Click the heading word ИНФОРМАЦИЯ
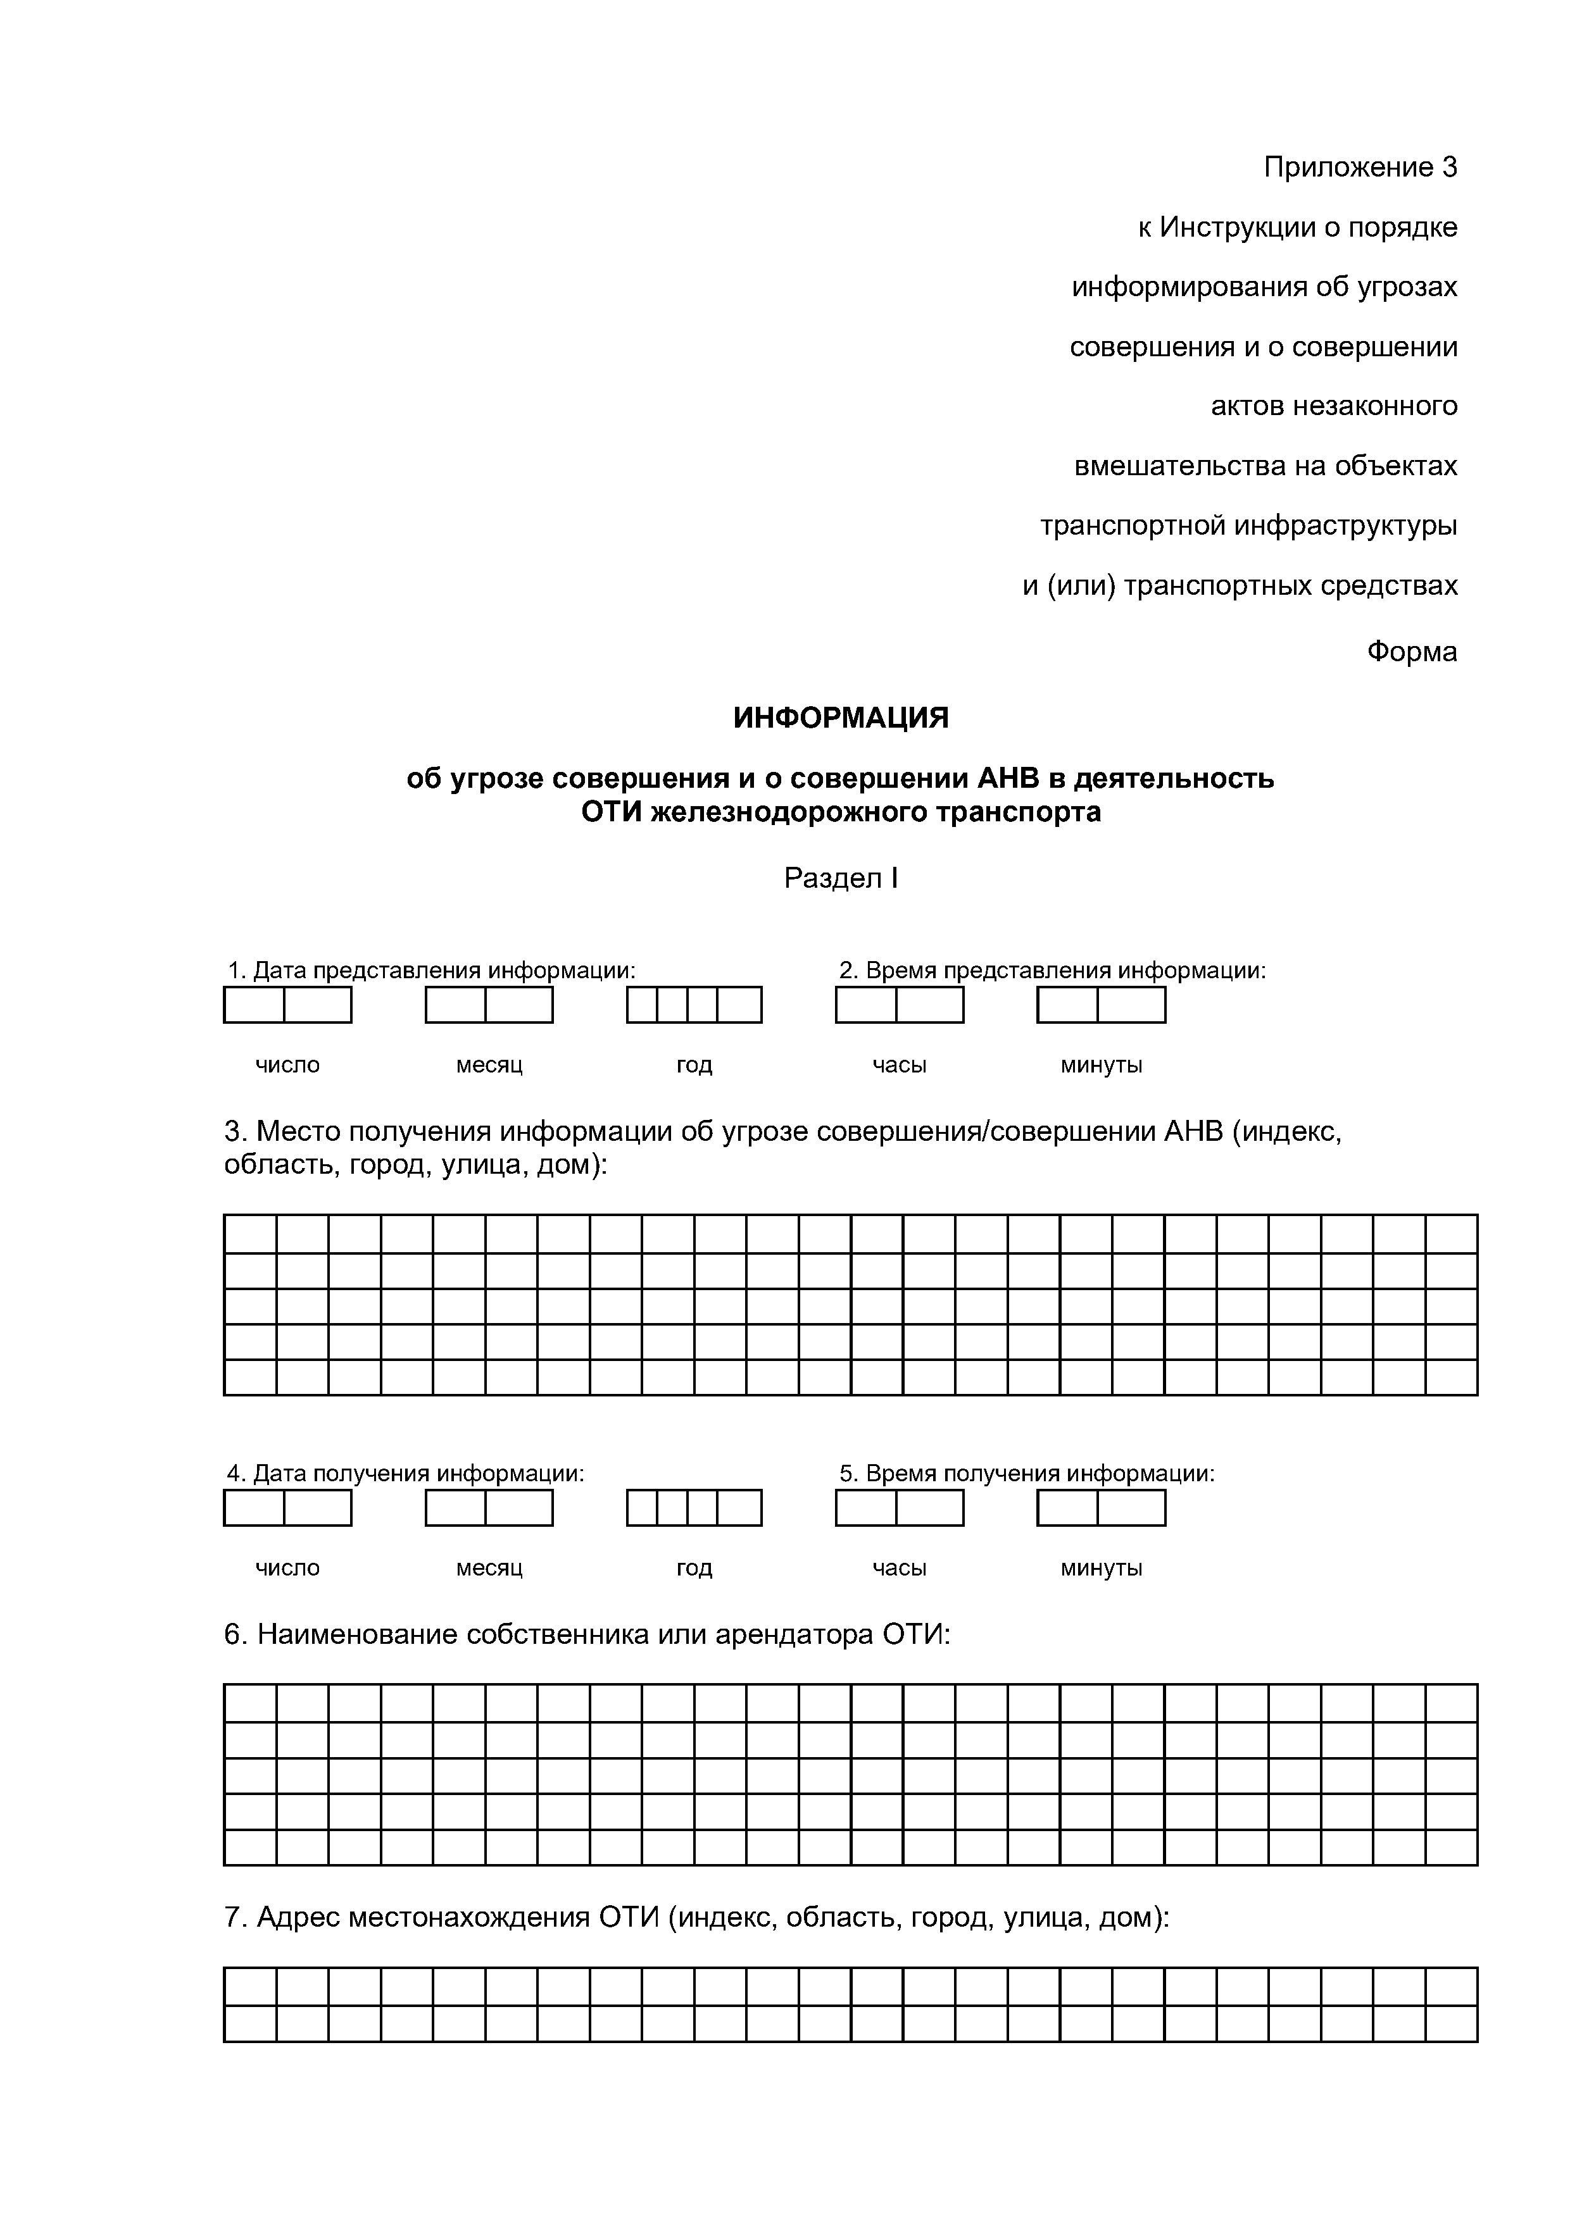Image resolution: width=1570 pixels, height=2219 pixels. point(840,718)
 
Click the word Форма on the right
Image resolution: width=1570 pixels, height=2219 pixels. point(1412,652)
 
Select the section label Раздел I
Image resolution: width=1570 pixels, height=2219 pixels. point(841,878)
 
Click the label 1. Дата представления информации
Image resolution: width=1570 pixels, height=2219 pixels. point(431,971)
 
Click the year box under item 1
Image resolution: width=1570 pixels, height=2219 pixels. point(694,1005)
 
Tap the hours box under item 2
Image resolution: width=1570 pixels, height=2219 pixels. point(899,1005)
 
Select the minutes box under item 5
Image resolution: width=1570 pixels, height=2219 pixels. point(1101,1508)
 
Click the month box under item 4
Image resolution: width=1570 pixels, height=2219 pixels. point(489,1508)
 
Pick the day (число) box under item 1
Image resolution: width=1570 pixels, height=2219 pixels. point(287,1005)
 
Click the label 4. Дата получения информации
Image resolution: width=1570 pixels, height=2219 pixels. point(406,1474)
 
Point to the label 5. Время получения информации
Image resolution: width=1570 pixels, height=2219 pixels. point(1027,1474)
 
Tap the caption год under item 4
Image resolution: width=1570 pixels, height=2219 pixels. point(694,1569)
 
